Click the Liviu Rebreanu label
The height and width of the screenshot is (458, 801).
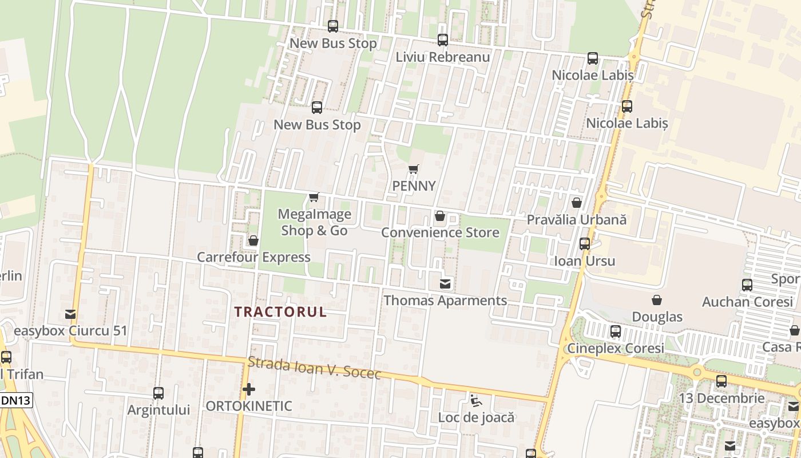[443, 57]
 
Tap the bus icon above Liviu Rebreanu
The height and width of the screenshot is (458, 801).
[443, 40]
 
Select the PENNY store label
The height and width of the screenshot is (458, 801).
[414, 186]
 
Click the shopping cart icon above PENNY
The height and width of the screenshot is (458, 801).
[414, 169]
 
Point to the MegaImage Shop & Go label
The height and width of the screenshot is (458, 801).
[314, 222]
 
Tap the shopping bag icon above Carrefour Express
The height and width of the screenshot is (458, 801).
[253, 240]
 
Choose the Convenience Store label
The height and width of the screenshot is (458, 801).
[440, 232]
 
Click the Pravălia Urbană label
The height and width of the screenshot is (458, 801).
[577, 220]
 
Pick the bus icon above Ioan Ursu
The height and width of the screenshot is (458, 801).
[585, 244]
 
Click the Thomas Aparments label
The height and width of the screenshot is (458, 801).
[445, 301]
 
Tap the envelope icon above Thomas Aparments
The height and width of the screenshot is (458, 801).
[445, 283]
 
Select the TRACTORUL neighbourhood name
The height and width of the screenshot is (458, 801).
[280, 312]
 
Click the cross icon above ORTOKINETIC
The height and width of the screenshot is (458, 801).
[249, 390]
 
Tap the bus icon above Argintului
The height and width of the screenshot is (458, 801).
[158, 393]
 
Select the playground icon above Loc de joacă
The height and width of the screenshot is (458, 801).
[476, 400]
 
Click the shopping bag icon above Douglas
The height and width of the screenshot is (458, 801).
[657, 300]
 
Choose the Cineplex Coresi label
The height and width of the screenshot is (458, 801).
[616, 349]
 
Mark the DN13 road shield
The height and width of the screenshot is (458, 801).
[15, 401]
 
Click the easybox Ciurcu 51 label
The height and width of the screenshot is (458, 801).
[70, 331]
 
